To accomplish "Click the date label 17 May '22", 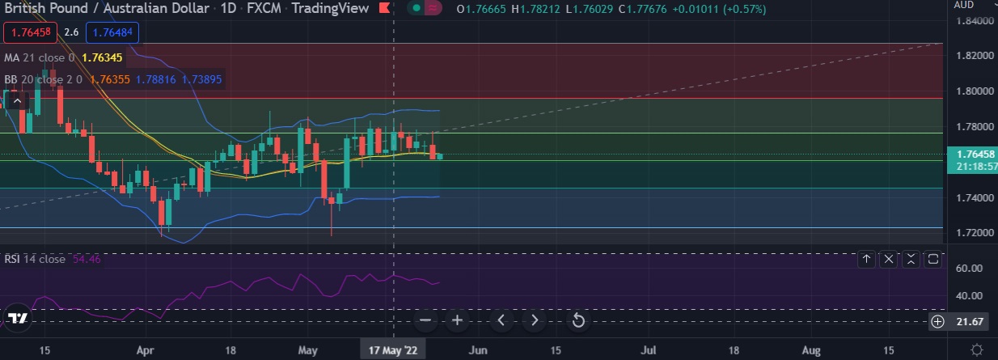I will tap(394, 350).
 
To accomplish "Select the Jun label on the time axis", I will tap(478, 350).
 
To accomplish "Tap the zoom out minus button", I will tap(426, 320).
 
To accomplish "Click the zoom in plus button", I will tap(457, 320).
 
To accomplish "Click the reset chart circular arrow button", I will tap(578, 320).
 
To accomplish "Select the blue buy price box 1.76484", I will tap(113, 33).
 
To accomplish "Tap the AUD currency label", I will tap(963, 5).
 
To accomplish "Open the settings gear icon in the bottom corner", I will tap(978, 349).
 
